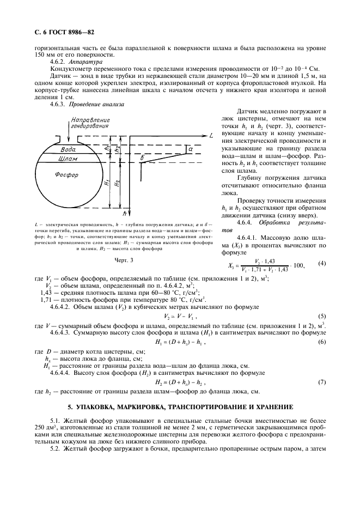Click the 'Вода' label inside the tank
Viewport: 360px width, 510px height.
68,149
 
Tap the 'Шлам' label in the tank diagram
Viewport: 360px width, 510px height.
67,159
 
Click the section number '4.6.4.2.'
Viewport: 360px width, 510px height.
63,307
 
